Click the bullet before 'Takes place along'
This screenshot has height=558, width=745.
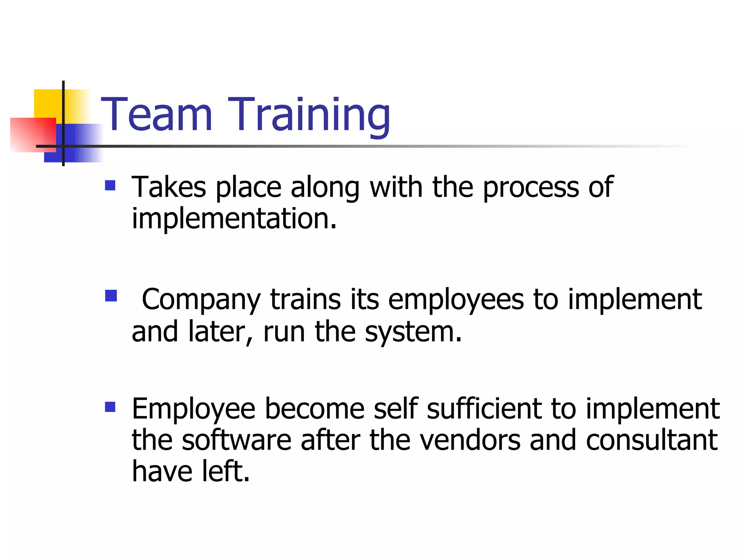click(x=110, y=186)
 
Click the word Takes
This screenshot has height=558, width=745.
click(x=169, y=187)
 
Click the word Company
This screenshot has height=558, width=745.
click(x=201, y=300)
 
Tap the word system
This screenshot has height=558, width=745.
click(x=413, y=332)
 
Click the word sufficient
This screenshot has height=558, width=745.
click(x=484, y=409)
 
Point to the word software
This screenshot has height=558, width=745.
click(x=236, y=440)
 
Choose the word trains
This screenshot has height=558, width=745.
click(x=306, y=299)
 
